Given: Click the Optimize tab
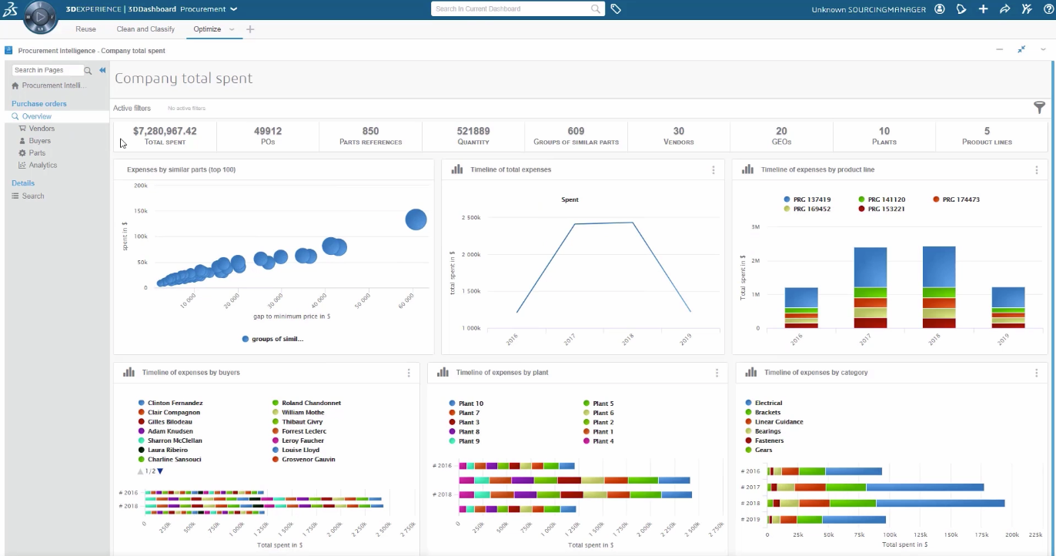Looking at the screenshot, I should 207,29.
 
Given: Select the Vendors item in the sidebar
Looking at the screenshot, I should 42,129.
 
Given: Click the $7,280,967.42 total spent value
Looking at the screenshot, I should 165,132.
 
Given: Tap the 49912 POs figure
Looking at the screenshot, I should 268,132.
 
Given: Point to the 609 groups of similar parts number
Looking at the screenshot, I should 576,132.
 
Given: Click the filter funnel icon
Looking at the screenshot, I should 1039,108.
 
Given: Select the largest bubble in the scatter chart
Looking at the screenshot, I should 416,219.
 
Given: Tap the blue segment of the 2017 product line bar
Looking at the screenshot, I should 870,267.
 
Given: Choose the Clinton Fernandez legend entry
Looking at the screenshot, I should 175,403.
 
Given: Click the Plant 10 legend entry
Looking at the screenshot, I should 470,404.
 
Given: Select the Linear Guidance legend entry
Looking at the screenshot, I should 778,422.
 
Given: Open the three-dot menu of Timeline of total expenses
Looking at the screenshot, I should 713,170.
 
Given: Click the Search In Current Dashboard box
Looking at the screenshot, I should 511,9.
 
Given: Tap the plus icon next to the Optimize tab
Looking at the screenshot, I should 250,29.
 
